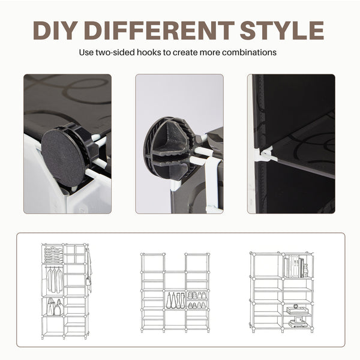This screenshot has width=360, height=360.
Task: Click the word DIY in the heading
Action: [55, 31]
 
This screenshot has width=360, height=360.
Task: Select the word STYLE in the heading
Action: [282, 31]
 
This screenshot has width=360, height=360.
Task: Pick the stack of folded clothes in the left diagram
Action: [53, 254]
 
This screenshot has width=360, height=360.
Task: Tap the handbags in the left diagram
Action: [55, 307]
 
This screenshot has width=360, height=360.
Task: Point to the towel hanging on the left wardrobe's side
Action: [89, 271]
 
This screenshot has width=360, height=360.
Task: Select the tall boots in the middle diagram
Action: [175, 301]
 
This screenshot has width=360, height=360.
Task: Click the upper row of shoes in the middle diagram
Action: [197, 295]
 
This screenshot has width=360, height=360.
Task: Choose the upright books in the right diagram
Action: [294, 266]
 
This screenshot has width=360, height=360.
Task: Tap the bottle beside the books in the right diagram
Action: [305, 271]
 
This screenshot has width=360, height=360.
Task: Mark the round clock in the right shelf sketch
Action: [296, 306]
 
